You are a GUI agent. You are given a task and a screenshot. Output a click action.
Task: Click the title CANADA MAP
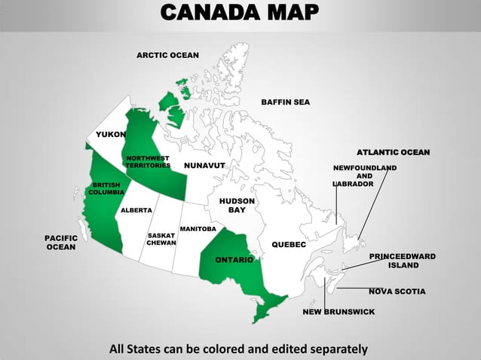240,14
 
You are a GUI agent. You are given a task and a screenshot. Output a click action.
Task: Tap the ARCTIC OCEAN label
167,56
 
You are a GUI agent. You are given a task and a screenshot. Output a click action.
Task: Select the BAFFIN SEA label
285,102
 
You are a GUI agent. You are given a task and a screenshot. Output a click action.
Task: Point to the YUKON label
111,134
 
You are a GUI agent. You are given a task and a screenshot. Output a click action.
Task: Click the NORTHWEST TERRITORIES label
148,161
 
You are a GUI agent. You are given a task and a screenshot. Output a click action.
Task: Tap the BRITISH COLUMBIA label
106,188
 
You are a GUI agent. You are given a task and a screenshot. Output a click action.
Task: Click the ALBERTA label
136,210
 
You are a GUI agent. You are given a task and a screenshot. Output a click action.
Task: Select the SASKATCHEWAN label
161,239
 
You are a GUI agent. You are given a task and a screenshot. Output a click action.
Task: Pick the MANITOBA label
198,228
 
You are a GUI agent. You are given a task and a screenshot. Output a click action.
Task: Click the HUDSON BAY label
237,206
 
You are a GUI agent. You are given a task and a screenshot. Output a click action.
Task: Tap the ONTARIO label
234,260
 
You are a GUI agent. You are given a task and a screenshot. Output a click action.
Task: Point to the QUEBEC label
288,245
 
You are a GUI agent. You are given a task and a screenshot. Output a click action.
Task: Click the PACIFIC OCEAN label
60,242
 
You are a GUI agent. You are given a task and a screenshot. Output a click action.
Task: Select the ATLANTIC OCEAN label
393,153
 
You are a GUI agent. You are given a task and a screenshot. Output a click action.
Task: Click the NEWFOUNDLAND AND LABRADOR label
364,175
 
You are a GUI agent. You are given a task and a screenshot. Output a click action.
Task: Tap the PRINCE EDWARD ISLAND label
403,261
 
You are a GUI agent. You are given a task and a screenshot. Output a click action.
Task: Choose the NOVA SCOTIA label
397,291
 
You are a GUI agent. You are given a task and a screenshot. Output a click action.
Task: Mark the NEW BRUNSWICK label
339,311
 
